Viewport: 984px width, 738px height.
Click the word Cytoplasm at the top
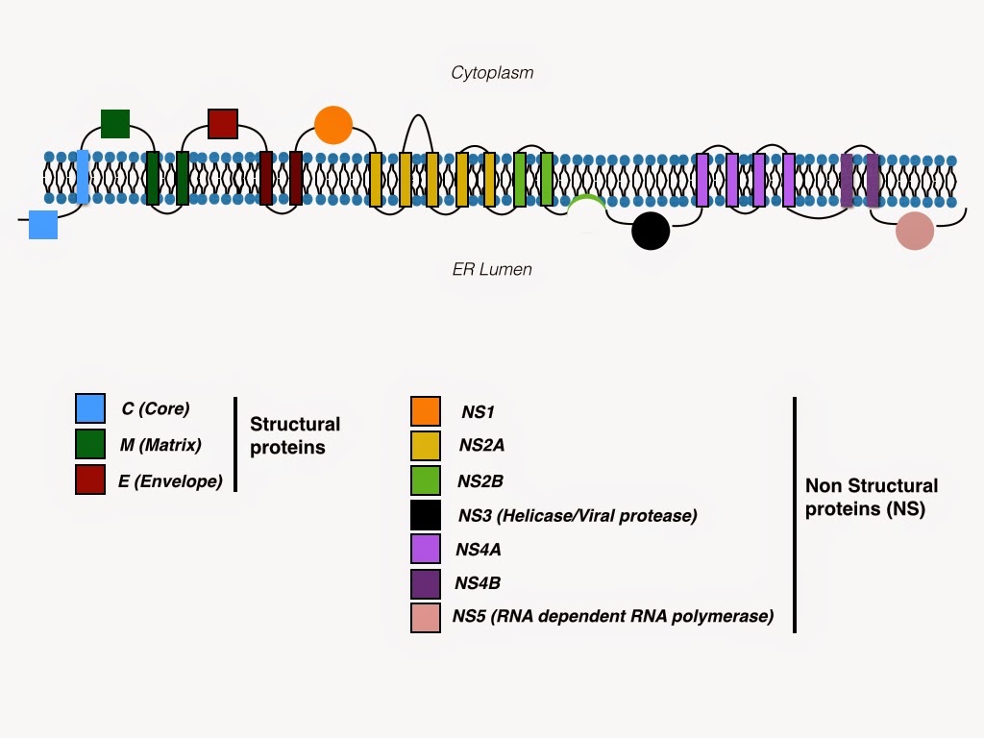pyautogui.click(x=492, y=72)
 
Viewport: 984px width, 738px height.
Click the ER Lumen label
pyautogui.click(x=492, y=269)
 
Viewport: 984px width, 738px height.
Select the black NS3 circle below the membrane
pyautogui.click(x=651, y=231)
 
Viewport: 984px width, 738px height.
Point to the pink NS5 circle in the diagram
pyautogui.click(x=914, y=232)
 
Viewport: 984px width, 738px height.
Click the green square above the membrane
pyautogui.click(x=115, y=124)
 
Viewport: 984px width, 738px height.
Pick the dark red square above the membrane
pyautogui.click(x=223, y=124)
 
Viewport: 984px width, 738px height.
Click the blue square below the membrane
pyautogui.click(x=43, y=224)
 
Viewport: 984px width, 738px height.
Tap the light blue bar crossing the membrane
pyautogui.click(x=84, y=177)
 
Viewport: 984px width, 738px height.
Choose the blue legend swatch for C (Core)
pyautogui.click(x=90, y=408)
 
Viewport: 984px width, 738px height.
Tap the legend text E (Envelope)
pyautogui.click(x=170, y=481)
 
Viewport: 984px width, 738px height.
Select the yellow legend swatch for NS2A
pyautogui.click(x=425, y=447)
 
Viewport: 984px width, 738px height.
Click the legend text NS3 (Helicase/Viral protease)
pyautogui.click(x=577, y=516)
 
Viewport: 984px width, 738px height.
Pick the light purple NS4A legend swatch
pyautogui.click(x=425, y=549)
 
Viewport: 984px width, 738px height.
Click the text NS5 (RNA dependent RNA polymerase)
pyautogui.click(x=612, y=616)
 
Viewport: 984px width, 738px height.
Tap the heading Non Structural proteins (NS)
pyautogui.click(x=871, y=497)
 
